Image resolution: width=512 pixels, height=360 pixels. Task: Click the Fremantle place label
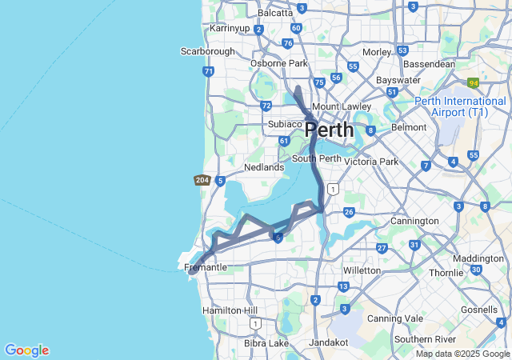[206, 266]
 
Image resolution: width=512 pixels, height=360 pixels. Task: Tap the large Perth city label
[329, 130]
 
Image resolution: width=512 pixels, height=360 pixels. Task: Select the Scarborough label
[207, 51]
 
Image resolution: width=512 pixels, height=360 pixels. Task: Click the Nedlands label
[264, 167]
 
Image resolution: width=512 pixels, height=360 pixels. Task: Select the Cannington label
[414, 221]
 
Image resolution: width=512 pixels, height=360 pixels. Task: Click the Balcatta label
[275, 13]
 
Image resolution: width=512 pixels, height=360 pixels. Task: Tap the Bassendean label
[430, 64]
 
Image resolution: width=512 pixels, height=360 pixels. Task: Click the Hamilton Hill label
[230, 310]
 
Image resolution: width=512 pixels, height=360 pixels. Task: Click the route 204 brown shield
[202, 181]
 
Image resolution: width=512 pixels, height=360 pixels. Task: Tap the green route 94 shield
[474, 82]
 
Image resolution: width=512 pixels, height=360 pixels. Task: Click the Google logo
[26, 350]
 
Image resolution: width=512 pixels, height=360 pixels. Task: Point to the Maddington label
[478, 258]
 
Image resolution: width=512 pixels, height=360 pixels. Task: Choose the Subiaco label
[284, 124]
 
